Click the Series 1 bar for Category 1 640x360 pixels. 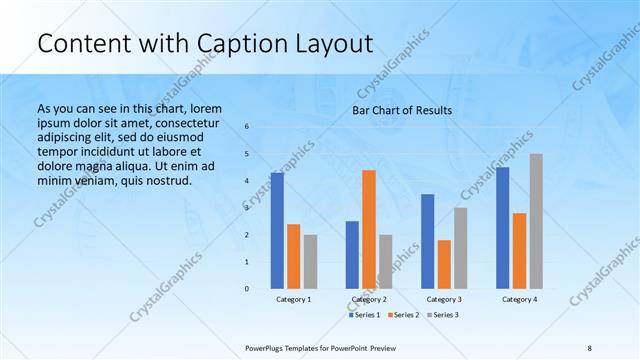pos(277,231)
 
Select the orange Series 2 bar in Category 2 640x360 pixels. pos(369,229)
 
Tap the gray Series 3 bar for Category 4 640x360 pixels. pos(536,221)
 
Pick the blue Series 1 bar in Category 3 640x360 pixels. pos(428,241)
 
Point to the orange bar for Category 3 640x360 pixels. pos(444,264)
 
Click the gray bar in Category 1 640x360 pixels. pos(310,262)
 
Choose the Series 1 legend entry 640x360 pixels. pos(363,315)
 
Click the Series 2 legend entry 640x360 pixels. pos(403,315)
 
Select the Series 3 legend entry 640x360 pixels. pos(443,315)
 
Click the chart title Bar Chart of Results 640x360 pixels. pos(402,110)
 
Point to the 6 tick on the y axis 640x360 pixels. pos(247,127)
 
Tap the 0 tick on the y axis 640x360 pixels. pos(247,289)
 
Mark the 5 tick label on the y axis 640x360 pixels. pos(247,154)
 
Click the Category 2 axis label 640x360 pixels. pos(369,300)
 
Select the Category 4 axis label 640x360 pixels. pos(519,300)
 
